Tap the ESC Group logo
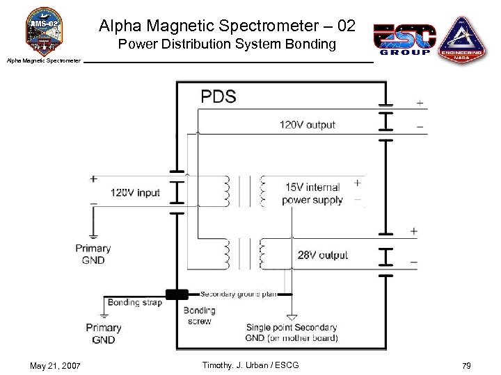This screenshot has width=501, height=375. (x=405, y=39)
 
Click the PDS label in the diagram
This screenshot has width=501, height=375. (x=218, y=96)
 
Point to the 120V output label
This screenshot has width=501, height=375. (x=307, y=125)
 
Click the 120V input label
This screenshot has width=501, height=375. (x=135, y=192)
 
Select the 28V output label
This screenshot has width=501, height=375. (x=323, y=256)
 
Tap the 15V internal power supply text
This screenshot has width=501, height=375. (x=312, y=194)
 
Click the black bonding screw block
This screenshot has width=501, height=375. (x=177, y=294)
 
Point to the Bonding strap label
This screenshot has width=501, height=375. (x=134, y=302)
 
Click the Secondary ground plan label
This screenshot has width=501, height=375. (x=239, y=294)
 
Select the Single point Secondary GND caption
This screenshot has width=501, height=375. (x=292, y=333)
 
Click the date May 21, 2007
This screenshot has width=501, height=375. (x=56, y=365)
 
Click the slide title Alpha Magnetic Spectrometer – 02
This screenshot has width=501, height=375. (x=227, y=26)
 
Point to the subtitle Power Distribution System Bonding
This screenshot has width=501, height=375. (x=227, y=44)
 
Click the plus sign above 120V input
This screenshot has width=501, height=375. (x=93, y=179)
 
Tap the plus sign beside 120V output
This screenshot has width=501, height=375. (x=420, y=103)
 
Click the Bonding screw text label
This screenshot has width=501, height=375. (x=199, y=316)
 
